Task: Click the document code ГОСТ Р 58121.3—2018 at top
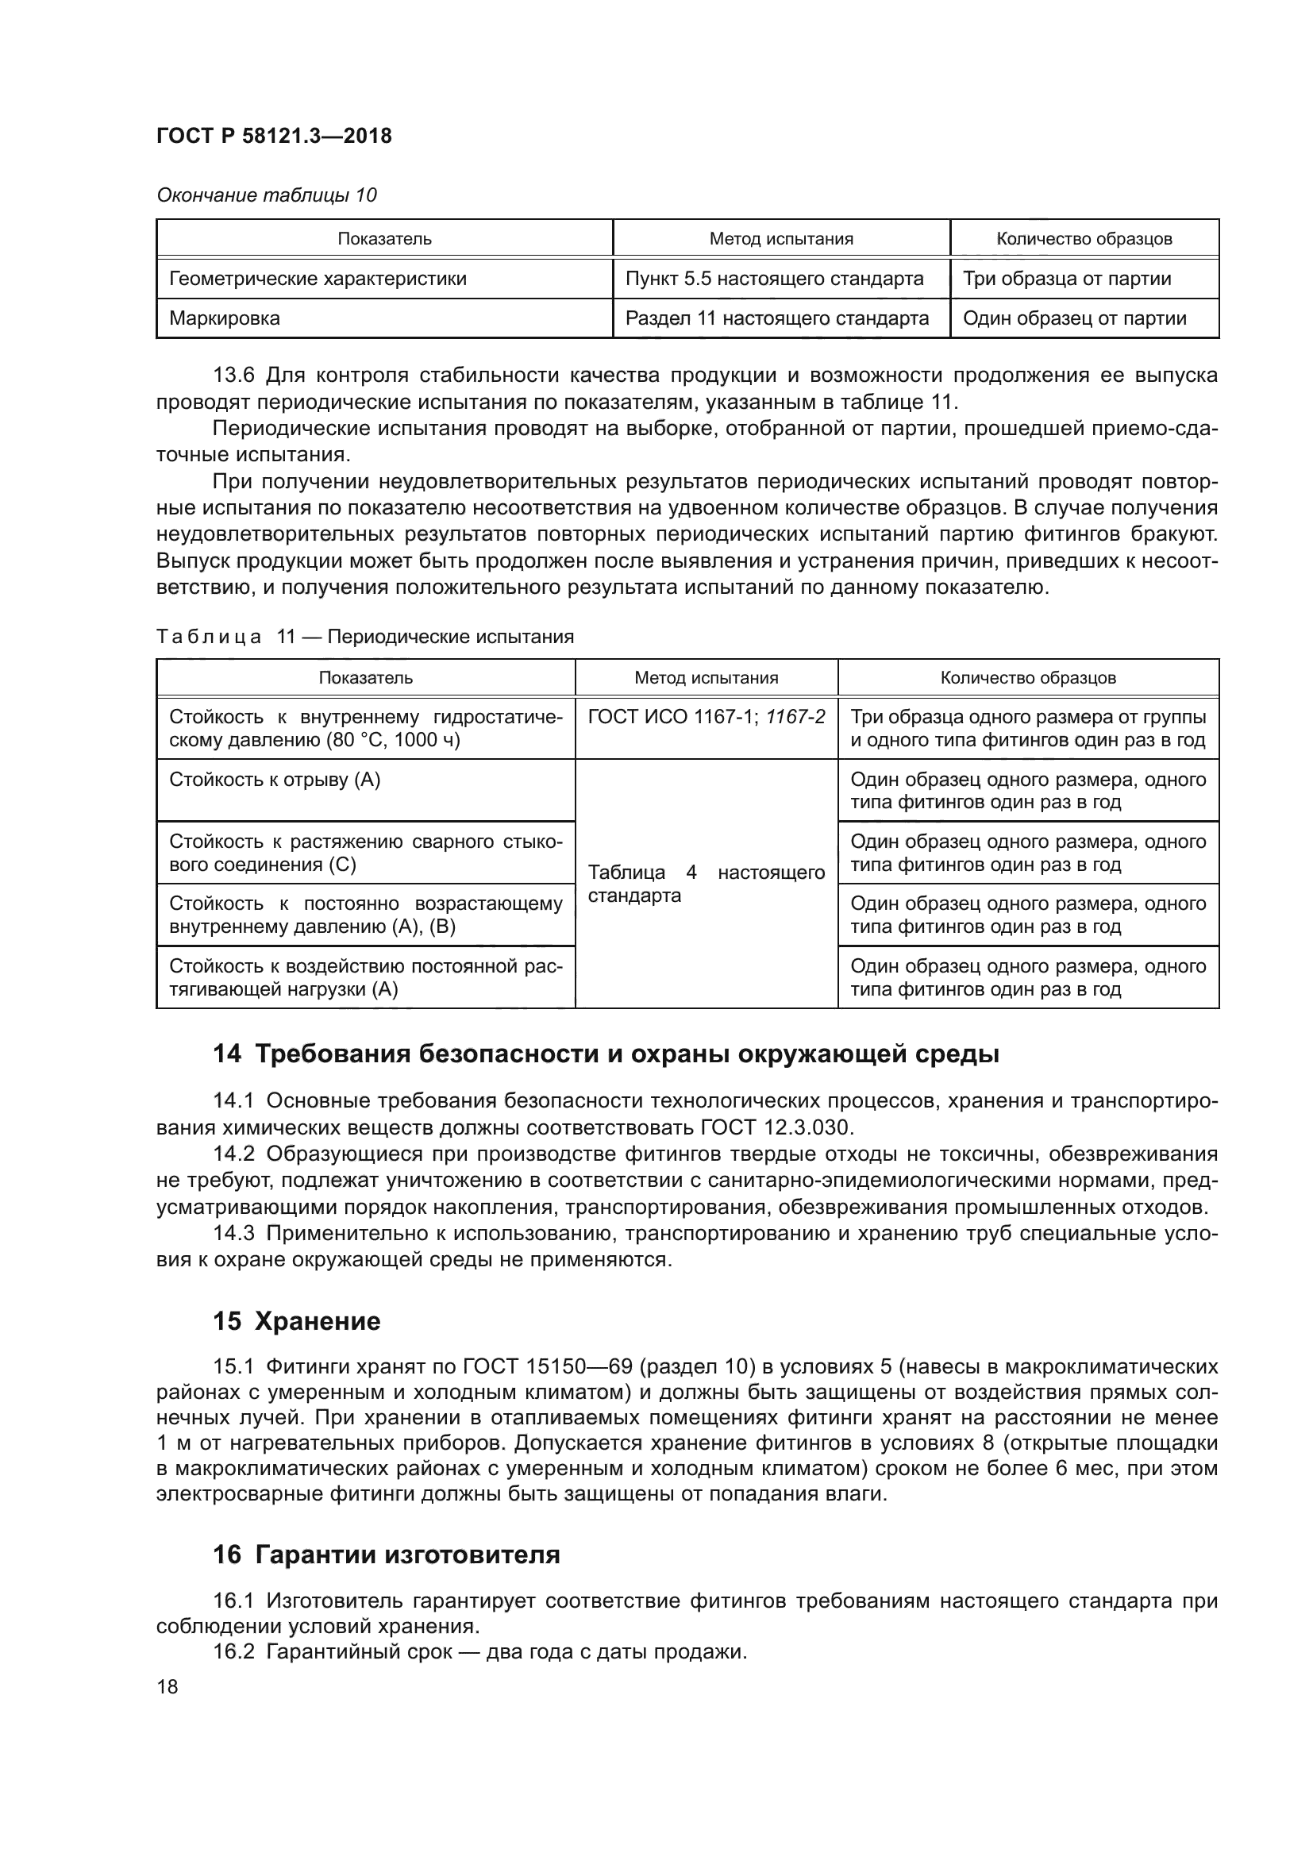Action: (274, 136)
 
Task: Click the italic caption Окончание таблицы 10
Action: (266, 195)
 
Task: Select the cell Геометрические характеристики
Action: (318, 279)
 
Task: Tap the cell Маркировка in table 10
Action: (225, 318)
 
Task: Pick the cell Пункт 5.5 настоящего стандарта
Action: (774, 279)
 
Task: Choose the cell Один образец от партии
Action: (1075, 318)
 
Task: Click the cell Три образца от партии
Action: (1066, 279)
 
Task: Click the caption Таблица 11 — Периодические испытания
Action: (364, 637)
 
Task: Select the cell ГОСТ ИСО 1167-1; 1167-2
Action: (706, 718)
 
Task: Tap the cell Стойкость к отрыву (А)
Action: (275, 780)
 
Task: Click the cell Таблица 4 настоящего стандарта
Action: (706, 884)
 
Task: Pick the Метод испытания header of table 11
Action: (706, 678)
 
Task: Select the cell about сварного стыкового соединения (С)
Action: (364, 853)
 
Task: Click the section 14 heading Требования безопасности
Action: (606, 1054)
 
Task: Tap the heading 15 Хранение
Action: (297, 1322)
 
